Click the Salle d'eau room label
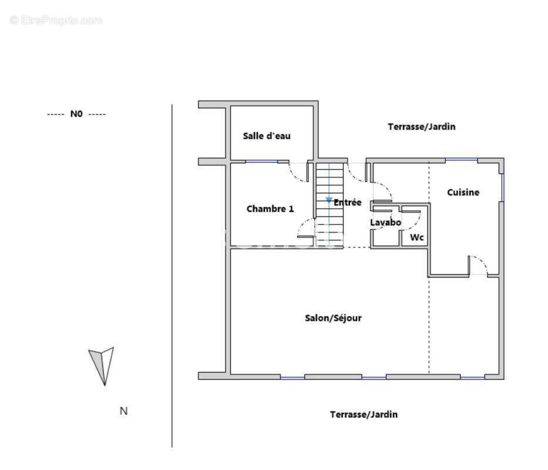[x=267, y=136]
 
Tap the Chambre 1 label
[x=270, y=209]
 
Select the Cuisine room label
[x=463, y=192]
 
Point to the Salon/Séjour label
[x=333, y=318]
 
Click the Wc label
[x=417, y=237]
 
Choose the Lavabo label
[x=385, y=222]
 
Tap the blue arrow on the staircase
[x=329, y=200]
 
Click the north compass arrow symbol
[x=102, y=366]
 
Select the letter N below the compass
[x=124, y=411]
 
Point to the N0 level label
[x=76, y=113]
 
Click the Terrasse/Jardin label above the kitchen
[x=422, y=126]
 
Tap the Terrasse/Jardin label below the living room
[x=364, y=414]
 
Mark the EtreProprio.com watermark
[x=56, y=21]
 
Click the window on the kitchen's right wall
[x=503, y=187]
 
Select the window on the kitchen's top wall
[x=461, y=160]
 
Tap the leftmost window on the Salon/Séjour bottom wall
[x=293, y=378]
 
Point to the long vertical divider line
[x=172, y=276]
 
